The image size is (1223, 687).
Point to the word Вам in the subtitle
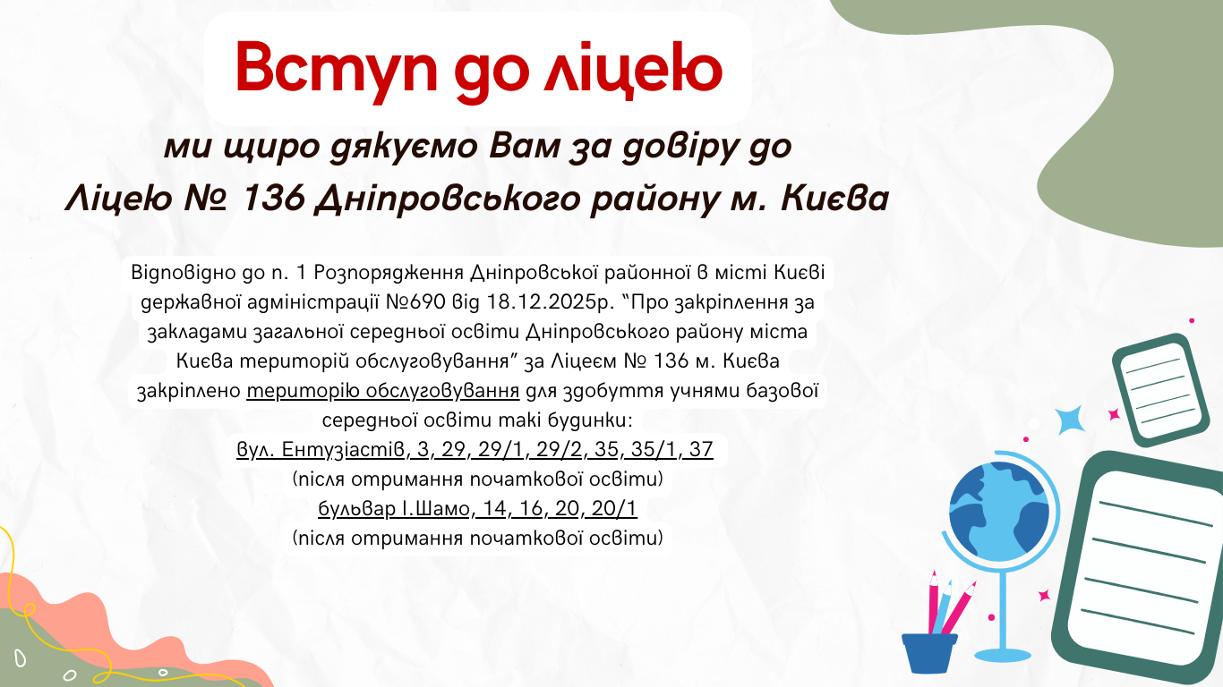pyautogui.click(x=525, y=146)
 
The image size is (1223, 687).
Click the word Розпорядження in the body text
pyautogui.click(x=389, y=273)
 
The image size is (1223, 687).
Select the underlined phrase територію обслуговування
pyautogui.click(x=382, y=391)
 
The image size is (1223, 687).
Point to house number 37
pyautogui.click(x=701, y=450)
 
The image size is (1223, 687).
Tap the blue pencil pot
pyautogui.click(x=929, y=653)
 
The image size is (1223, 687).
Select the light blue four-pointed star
pyautogui.click(x=1070, y=420)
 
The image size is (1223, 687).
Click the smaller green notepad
pyautogui.click(x=1160, y=390)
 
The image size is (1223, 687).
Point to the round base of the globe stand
pyautogui.click(x=1003, y=655)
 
